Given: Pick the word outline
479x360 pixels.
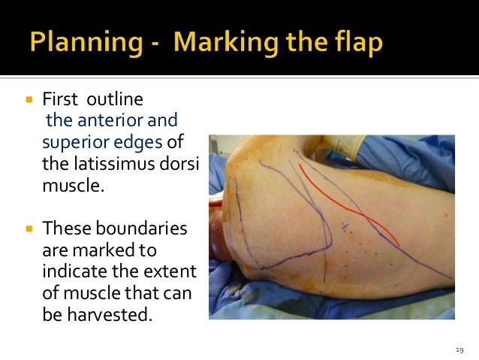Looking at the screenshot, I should click(x=116, y=100).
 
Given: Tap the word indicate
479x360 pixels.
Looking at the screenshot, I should click(x=74, y=269).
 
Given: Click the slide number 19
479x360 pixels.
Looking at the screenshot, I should click(x=459, y=349).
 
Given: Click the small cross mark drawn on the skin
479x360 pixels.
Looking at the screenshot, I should click(x=344, y=226).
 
